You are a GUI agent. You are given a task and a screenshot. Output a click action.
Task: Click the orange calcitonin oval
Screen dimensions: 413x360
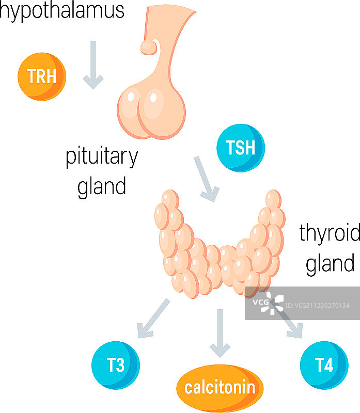(x=220, y=387)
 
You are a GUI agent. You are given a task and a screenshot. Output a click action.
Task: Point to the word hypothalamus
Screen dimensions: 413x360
(x=62, y=10)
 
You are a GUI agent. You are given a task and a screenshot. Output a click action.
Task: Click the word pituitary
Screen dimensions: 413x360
(x=102, y=157)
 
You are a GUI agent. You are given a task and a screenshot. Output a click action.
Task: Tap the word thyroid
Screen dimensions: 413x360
(x=330, y=234)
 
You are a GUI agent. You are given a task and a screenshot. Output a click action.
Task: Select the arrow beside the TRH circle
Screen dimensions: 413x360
(x=93, y=65)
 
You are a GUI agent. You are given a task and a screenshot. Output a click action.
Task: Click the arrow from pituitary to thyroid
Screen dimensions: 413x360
(x=206, y=179)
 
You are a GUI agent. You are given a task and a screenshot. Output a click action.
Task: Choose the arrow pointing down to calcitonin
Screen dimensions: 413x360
(x=220, y=333)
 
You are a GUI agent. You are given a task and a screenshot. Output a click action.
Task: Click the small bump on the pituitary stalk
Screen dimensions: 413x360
(x=149, y=47)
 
